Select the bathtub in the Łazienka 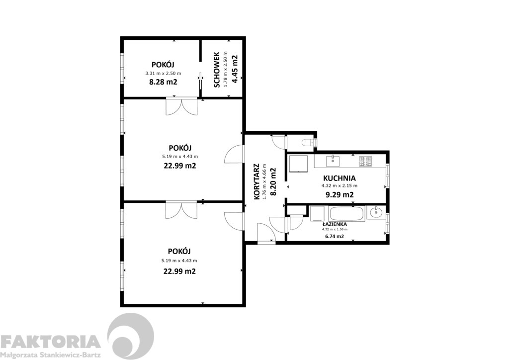click(x=346, y=214)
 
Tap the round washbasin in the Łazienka click(x=377, y=213)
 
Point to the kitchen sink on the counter click(x=333, y=161)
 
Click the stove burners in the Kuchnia click(x=365, y=161)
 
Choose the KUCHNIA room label click(x=339, y=178)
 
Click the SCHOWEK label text click(x=217, y=70)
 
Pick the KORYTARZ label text click(x=257, y=181)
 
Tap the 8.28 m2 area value click(x=163, y=82)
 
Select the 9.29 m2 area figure click(x=339, y=195)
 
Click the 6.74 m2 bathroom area click(x=335, y=236)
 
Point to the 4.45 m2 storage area click(x=235, y=70)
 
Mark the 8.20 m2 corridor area click(x=273, y=181)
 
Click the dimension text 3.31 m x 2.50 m click(x=163, y=74)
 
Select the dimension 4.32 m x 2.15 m click(x=339, y=185)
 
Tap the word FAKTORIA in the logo click(x=50, y=342)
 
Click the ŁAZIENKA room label click(x=335, y=224)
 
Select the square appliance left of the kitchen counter click(x=298, y=163)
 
